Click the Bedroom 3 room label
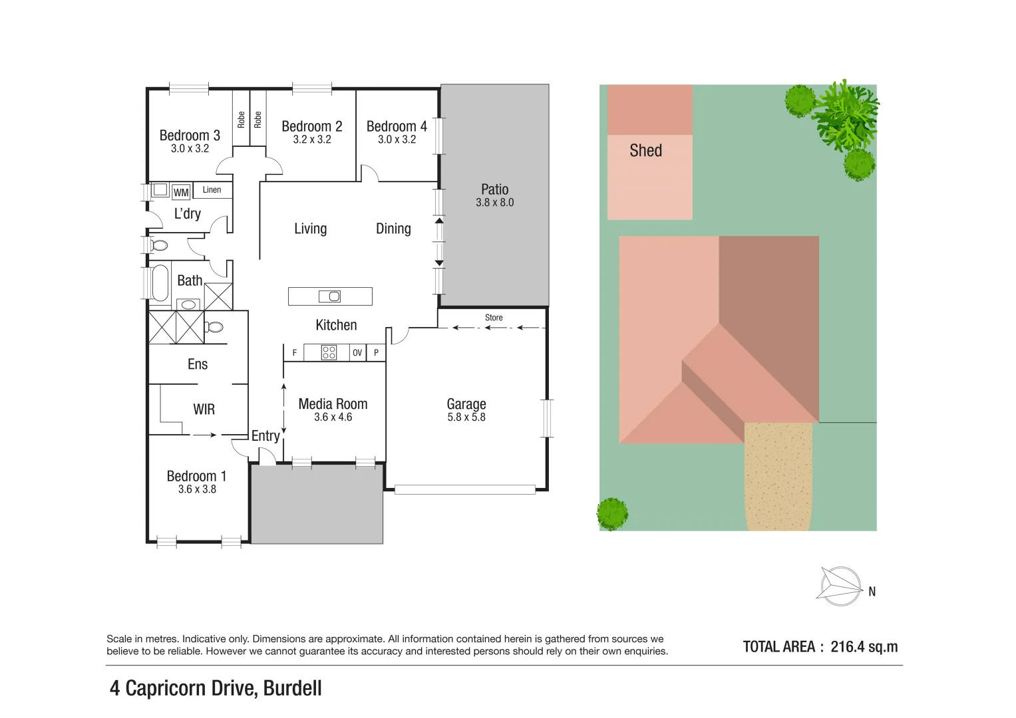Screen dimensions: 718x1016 [x=190, y=135]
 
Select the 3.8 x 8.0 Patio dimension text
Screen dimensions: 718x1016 [x=494, y=203]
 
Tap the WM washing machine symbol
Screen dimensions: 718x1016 [x=181, y=192]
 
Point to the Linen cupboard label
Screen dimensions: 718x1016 [x=212, y=190]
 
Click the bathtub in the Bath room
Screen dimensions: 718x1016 [x=160, y=283]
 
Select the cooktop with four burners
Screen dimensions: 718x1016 [x=329, y=352]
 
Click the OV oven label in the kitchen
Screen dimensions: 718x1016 [x=357, y=353]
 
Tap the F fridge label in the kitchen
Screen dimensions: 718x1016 [x=295, y=353]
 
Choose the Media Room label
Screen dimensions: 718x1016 [x=333, y=404]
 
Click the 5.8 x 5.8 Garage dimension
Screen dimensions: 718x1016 [x=466, y=418]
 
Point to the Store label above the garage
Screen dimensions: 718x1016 [x=494, y=318]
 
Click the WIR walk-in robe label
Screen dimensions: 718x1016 [x=204, y=410]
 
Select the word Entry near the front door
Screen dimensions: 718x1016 [x=265, y=436]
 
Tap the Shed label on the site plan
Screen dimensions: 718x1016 [x=645, y=151]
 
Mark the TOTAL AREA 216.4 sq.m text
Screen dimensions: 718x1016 [x=820, y=647]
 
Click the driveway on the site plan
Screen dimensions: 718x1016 [x=778, y=475]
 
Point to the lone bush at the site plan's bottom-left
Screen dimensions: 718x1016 [x=612, y=513]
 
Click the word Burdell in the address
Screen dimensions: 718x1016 [x=292, y=688]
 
